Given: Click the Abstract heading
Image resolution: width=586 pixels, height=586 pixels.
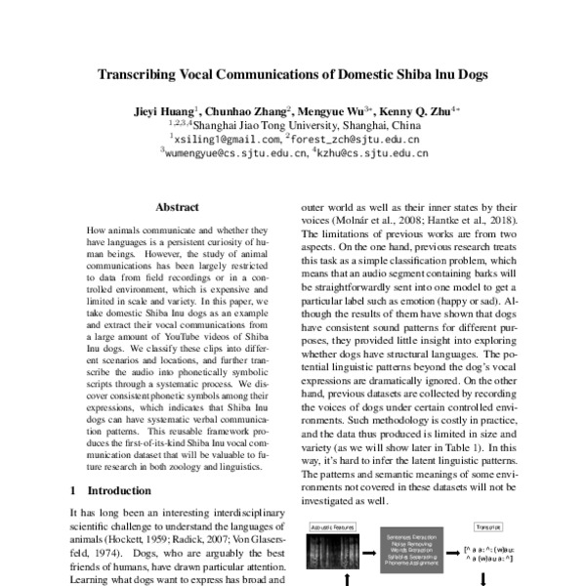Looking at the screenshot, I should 177,207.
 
